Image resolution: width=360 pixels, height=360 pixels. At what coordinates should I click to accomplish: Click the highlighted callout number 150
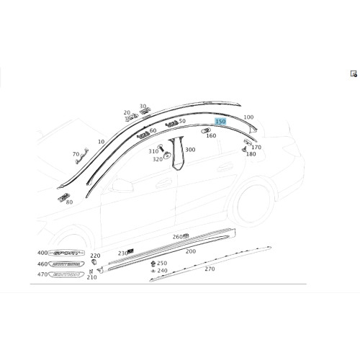coord(221,122)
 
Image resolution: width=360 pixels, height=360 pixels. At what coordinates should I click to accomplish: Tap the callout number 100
coord(248,117)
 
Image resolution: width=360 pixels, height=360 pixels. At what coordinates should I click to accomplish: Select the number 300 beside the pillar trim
coord(190,150)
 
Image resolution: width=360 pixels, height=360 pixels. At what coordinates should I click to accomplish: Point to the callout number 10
coord(100,141)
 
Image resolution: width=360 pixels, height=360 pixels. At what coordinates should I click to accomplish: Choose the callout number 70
coord(76,155)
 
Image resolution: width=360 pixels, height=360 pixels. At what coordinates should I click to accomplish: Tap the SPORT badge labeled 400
coord(64,254)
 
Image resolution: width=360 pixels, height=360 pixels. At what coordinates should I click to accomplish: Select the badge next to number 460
coord(64,265)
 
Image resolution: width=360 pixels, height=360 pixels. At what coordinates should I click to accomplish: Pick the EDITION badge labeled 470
coord(64,275)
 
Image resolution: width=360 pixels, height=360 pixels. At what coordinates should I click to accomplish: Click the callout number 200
coord(190,252)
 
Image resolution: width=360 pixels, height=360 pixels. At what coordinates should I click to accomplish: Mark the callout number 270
coord(210,269)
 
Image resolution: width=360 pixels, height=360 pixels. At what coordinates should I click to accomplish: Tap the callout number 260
coord(177,237)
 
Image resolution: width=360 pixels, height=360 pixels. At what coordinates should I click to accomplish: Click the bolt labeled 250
coord(152,264)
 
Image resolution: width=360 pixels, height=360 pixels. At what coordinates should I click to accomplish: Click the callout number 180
coord(251,154)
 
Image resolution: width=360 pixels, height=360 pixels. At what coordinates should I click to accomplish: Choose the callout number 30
coord(142,107)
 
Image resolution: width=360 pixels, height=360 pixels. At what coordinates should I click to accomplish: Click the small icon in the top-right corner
coord(354,73)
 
